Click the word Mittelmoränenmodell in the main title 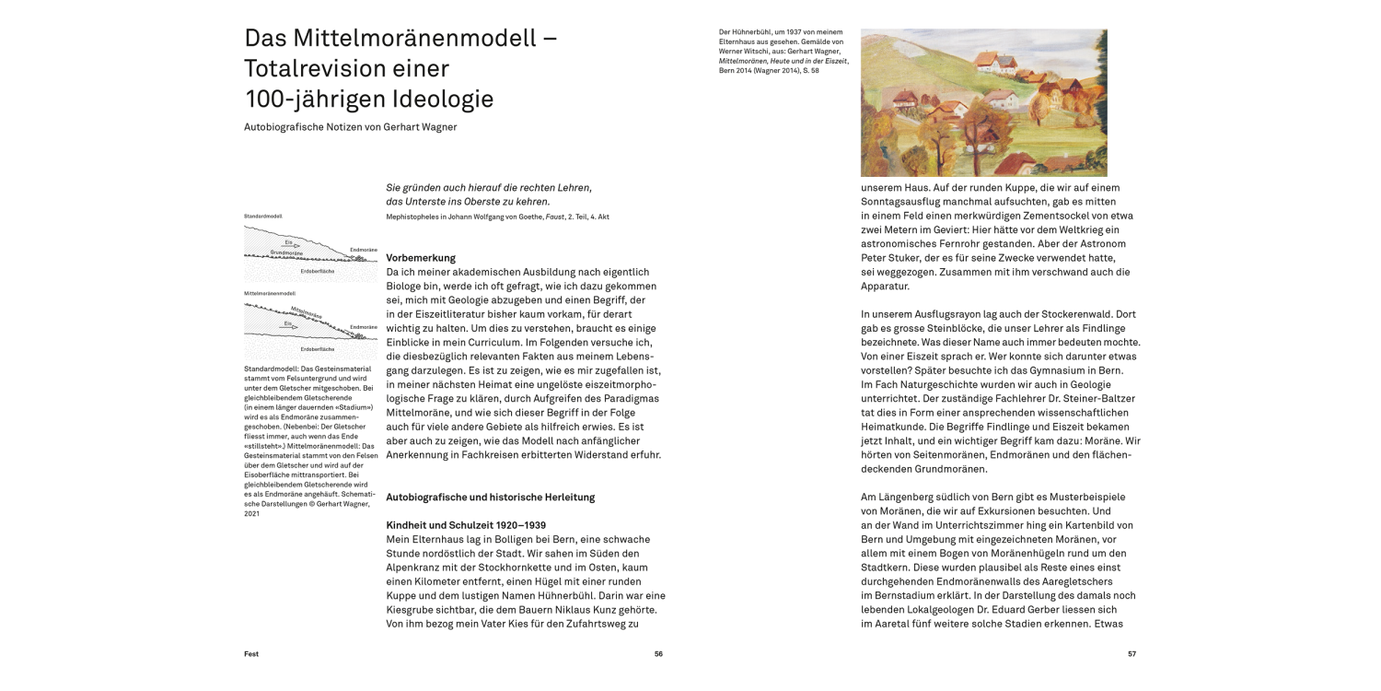414,39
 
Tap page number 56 658,654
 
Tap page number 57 1131,654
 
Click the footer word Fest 251,654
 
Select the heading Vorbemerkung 421,258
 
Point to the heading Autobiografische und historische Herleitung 491,498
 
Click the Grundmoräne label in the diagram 286,252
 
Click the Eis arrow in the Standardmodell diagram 291,244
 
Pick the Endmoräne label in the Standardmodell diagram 364,249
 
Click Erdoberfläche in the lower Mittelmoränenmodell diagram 318,350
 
